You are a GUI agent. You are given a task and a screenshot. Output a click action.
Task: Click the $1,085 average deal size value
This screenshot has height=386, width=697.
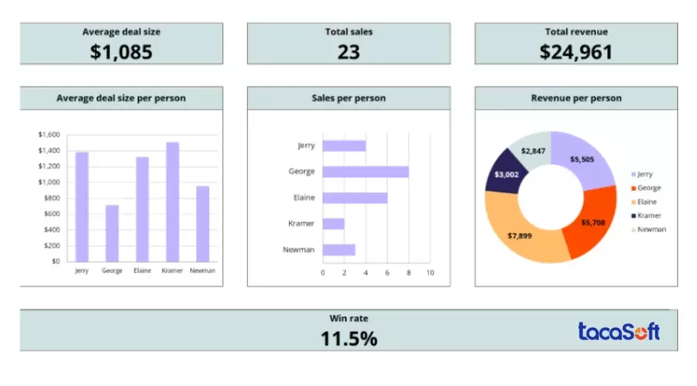(121, 51)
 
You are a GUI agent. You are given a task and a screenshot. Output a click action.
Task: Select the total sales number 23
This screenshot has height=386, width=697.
(349, 51)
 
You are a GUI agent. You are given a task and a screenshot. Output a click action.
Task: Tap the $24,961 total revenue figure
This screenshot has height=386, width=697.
(576, 51)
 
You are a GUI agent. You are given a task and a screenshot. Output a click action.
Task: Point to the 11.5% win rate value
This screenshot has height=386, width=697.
(349, 338)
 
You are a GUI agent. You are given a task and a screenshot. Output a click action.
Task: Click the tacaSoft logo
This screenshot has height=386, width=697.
(619, 331)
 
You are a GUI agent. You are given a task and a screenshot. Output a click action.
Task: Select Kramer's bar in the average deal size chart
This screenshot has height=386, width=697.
(173, 201)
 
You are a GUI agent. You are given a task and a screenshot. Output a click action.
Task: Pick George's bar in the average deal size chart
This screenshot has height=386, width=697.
(112, 233)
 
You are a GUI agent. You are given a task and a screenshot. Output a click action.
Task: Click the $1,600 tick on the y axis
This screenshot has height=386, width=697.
(48, 135)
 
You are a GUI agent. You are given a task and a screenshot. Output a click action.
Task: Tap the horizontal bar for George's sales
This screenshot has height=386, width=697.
(365, 172)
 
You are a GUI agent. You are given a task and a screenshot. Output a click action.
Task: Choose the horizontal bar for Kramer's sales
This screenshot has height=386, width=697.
(334, 224)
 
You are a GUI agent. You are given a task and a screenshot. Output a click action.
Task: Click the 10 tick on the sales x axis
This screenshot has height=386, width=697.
(430, 273)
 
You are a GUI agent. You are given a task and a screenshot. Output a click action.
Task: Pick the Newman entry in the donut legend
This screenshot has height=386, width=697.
(650, 229)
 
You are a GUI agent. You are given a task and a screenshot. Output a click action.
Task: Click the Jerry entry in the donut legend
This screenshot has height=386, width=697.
(644, 174)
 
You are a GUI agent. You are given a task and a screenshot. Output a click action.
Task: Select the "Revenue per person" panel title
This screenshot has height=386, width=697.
(576, 98)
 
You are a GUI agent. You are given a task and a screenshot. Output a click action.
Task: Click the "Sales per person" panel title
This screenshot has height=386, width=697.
(349, 98)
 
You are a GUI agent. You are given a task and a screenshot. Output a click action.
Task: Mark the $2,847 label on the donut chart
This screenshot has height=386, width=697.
(533, 150)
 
